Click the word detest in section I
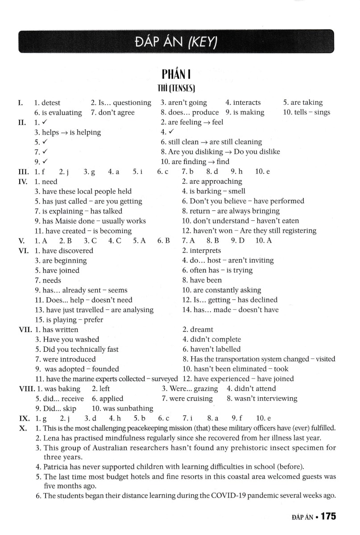(51, 103)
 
